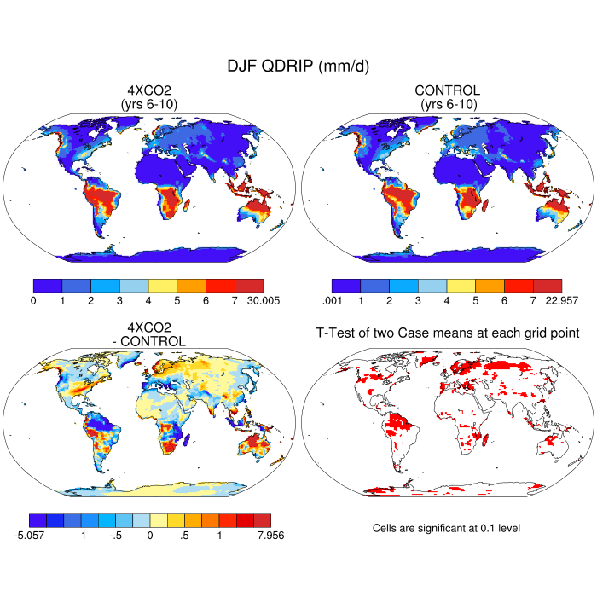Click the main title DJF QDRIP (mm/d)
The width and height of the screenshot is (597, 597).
[298, 66]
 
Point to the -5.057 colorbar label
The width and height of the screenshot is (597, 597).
[30, 535]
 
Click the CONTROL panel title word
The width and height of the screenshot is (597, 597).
[447, 90]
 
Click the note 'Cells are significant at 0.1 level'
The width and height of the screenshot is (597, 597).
[446, 528]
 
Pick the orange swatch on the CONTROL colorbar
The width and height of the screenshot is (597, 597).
[490, 285]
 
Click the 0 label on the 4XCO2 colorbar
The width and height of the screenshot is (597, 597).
[33, 300]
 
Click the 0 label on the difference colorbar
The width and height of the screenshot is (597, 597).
[150, 535]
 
